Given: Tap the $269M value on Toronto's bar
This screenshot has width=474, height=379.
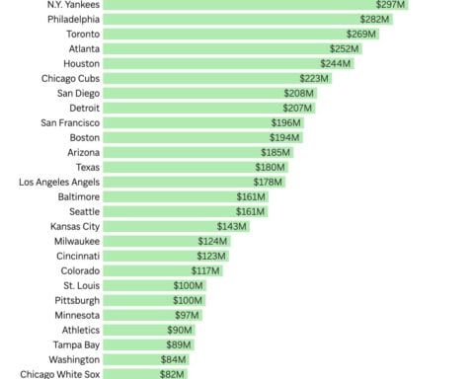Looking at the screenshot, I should click(361, 34).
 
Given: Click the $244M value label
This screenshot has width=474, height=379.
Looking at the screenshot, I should click(336, 63).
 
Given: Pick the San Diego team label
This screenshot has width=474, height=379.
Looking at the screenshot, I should click(78, 93).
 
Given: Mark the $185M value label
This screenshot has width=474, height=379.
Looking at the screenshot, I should click(276, 153).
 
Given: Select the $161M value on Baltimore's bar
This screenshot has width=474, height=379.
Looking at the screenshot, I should click(252, 197).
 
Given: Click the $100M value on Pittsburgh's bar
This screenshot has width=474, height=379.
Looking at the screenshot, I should click(188, 300).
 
